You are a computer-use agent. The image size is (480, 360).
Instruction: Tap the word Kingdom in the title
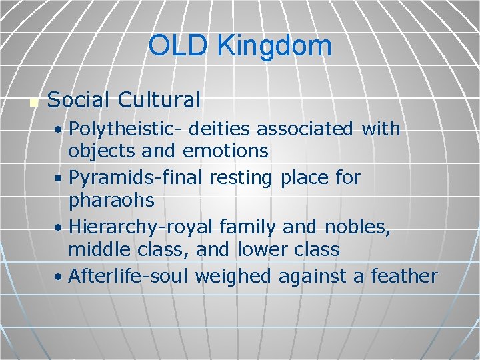pos(274,46)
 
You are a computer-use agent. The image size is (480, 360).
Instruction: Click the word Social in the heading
pos(79,100)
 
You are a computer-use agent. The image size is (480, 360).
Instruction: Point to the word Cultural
pos(159,100)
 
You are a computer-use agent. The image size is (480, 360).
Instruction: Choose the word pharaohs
pos(111,200)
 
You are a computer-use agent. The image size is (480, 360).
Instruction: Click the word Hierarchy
pos(108,227)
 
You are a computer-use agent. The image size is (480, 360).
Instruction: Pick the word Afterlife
pos(101,276)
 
